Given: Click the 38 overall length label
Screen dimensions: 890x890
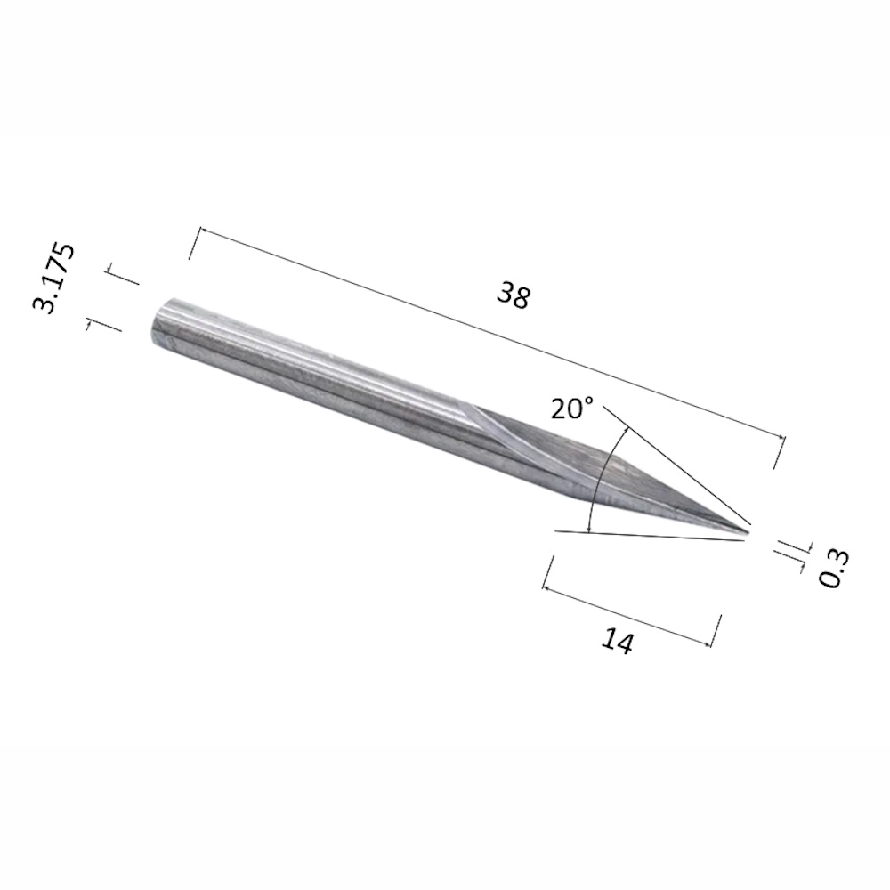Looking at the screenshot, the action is point(514,297).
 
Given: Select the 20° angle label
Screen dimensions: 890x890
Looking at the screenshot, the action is point(571,409).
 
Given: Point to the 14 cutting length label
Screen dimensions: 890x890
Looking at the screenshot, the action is point(617,642).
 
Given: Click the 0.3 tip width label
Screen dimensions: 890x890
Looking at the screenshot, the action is point(836,569).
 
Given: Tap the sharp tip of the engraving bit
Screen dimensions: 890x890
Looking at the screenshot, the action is point(749,532).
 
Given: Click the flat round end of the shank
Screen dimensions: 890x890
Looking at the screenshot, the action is point(160,321).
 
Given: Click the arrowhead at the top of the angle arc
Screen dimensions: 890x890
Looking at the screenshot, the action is point(626,430).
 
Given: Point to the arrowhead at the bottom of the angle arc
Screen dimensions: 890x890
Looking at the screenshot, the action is point(590,529).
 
